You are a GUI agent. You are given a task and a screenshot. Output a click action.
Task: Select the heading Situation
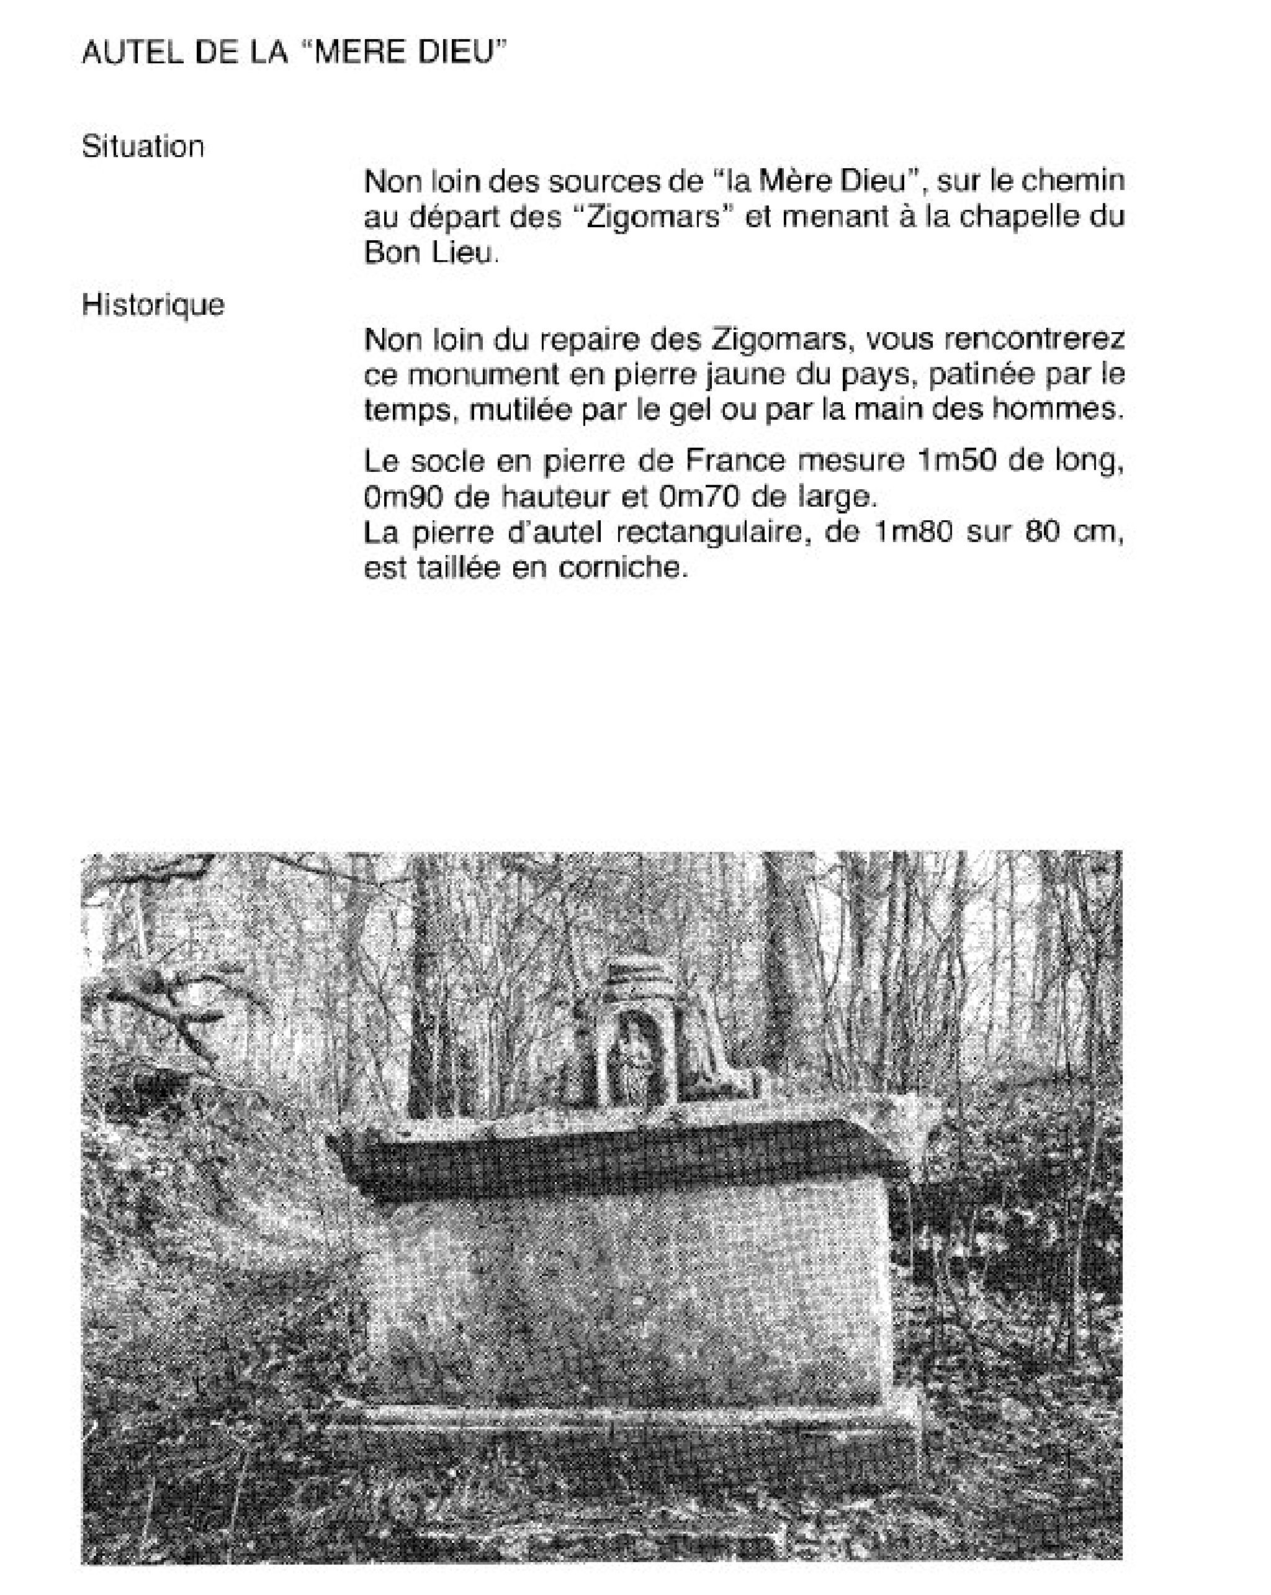[143, 147]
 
